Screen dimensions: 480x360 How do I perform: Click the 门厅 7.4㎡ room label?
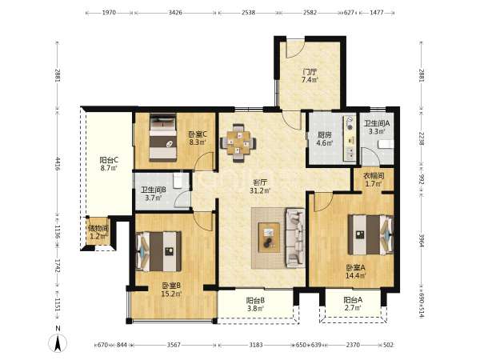click(x=310, y=76)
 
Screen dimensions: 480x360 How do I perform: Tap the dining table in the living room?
click(x=238, y=142)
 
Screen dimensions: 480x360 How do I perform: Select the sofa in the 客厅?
click(x=295, y=238)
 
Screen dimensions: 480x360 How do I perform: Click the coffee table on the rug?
click(x=269, y=238)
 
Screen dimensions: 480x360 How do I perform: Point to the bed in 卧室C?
click(x=163, y=138)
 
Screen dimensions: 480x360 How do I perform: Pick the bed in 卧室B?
click(x=158, y=251)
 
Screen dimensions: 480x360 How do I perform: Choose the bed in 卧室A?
click(x=370, y=234)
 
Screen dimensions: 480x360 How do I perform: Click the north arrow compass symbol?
click(x=58, y=340)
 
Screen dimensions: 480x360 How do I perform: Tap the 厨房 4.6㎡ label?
click(x=325, y=138)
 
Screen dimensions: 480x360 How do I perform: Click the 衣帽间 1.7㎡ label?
click(x=374, y=180)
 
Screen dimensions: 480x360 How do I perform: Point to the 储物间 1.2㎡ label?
click(x=98, y=232)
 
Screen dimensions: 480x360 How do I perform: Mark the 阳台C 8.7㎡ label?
click(x=110, y=164)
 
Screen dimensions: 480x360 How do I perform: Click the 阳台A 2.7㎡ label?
click(x=353, y=304)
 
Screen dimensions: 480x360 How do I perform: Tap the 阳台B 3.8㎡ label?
click(x=256, y=305)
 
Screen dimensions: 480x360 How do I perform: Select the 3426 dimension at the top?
click(x=175, y=13)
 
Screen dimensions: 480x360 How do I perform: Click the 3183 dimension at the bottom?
click(x=256, y=345)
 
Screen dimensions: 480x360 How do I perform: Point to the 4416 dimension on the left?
click(x=58, y=163)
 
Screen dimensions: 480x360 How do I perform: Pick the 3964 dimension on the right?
click(x=422, y=242)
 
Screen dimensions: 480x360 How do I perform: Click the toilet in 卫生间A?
click(x=386, y=145)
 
